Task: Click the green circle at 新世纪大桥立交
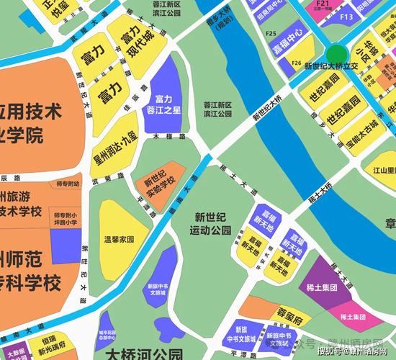point(336,54)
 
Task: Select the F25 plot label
point(271,33)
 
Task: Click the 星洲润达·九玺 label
point(114,149)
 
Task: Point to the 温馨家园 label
point(120,238)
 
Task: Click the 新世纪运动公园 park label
point(212,223)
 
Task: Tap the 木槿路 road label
point(165,136)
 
